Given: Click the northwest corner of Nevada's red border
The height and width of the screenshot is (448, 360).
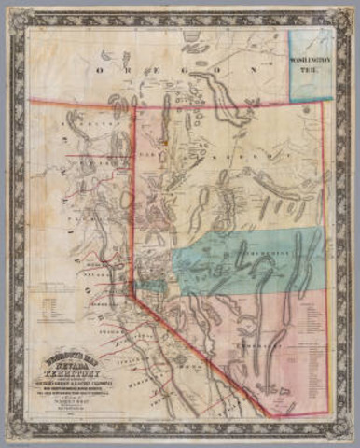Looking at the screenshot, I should point(136,106).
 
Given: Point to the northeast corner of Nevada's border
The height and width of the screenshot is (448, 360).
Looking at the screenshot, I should point(322,102).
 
